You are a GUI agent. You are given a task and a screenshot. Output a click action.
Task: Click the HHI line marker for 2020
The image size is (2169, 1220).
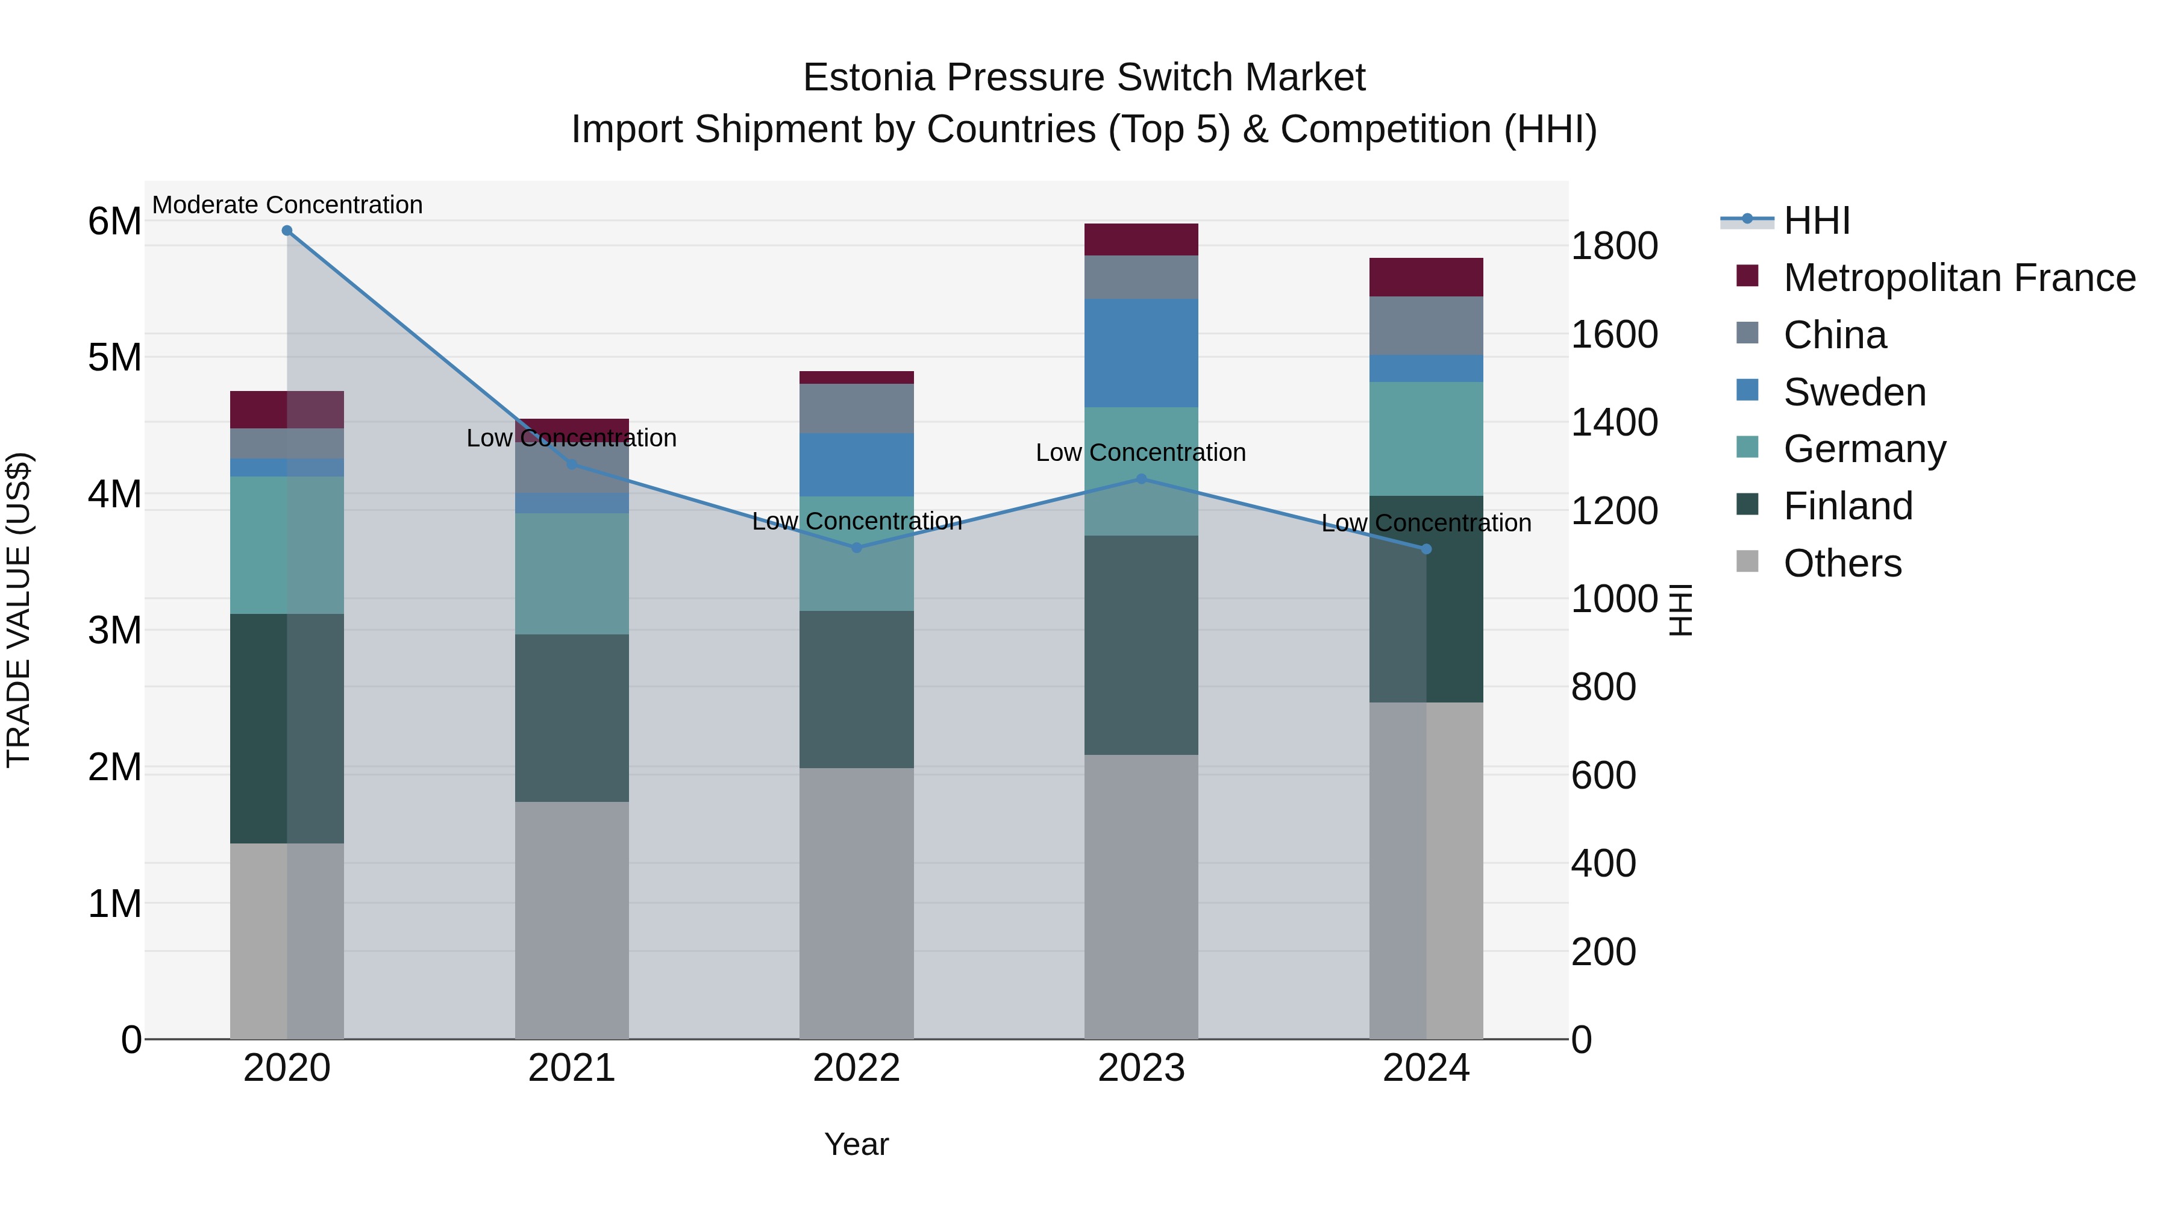click(x=287, y=231)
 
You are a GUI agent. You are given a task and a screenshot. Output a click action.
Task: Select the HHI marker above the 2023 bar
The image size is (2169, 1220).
click(x=1142, y=479)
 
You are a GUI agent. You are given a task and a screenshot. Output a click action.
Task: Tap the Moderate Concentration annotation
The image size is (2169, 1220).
click(x=287, y=205)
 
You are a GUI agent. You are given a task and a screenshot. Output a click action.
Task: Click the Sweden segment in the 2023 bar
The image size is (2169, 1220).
click(x=1141, y=353)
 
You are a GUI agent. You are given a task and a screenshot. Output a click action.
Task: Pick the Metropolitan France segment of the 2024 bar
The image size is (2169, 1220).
click(x=1426, y=277)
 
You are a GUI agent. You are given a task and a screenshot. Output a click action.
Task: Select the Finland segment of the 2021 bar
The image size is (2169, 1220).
click(x=572, y=718)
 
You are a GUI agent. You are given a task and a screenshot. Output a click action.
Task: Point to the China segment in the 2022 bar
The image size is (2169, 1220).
click(x=856, y=408)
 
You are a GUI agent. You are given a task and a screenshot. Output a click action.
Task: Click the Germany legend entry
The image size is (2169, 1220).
click(x=1864, y=449)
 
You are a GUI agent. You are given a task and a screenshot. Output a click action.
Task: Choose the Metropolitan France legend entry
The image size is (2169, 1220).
click(x=1959, y=278)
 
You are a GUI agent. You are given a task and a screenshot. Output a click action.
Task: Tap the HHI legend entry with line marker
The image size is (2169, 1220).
click(x=1785, y=221)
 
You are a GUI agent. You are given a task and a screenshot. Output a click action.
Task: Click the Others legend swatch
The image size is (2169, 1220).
click(x=1747, y=562)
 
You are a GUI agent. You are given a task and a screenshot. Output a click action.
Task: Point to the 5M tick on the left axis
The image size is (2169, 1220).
click(x=114, y=358)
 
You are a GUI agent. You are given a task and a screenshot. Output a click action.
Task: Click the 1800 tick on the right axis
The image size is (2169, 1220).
click(x=1614, y=246)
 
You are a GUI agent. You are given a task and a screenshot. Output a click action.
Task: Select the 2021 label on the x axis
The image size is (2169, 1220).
click(x=572, y=1068)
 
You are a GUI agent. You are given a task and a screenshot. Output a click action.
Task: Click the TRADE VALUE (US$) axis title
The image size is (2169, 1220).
click(x=19, y=610)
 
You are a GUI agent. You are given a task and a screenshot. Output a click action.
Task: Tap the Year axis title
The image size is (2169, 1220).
click(x=856, y=1144)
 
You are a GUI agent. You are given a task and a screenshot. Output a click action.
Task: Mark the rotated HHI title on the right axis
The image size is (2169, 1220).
click(x=1680, y=610)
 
